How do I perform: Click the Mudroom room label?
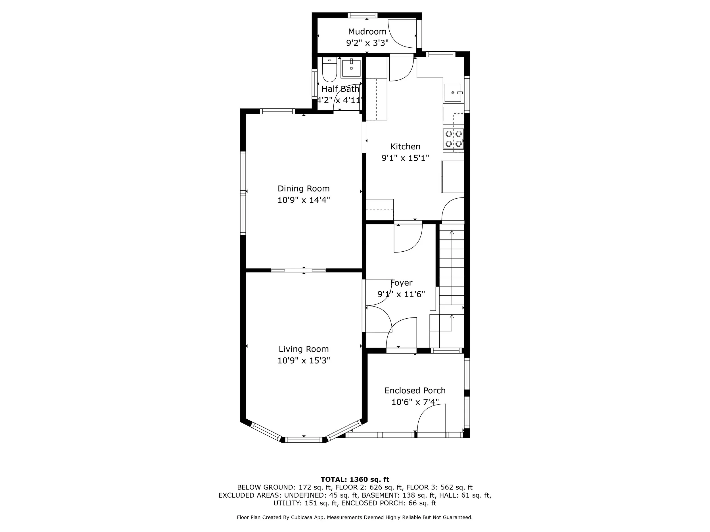coord(367,31)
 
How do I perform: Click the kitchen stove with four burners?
coord(454,138)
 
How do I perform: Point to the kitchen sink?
coord(453,93)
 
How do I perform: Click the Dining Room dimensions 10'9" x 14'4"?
coord(303,200)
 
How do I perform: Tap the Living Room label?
coord(303,349)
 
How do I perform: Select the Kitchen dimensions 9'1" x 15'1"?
coord(405,158)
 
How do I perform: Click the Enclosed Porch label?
coord(415,390)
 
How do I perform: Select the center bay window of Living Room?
coord(304,440)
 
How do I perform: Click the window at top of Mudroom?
coord(363,15)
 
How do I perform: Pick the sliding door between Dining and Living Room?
coord(298,270)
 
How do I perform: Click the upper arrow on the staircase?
coord(452,232)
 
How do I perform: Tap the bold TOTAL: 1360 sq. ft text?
coord(355,480)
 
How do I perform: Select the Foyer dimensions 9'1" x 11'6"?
coord(401,294)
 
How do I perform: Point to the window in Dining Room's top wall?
coord(277,111)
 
